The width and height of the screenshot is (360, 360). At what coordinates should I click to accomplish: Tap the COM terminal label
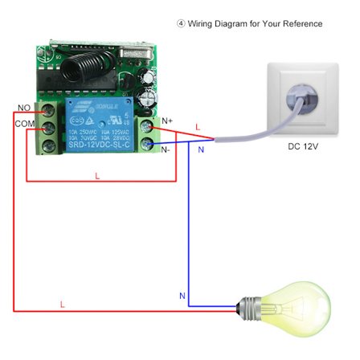(24, 124)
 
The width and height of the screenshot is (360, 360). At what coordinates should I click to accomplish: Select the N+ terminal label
(167, 121)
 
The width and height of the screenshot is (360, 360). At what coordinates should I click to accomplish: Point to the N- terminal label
(167, 149)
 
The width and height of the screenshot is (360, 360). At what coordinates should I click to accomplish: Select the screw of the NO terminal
(49, 109)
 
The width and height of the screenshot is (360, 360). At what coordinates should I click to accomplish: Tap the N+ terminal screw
(150, 126)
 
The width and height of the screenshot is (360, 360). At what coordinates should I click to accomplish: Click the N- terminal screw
(150, 144)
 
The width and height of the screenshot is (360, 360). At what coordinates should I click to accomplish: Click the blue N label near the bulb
(182, 297)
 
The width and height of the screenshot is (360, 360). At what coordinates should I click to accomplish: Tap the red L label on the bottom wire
(62, 304)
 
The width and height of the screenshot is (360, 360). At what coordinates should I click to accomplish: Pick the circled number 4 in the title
(181, 24)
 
